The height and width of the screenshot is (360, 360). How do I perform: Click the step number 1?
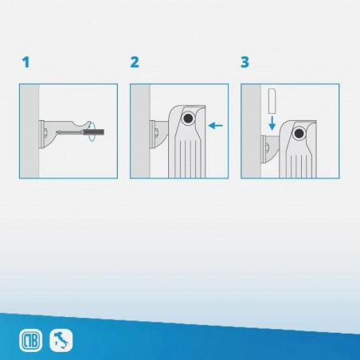26,62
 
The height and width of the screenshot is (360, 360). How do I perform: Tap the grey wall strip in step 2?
139,131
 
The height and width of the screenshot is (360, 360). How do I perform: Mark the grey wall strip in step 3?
251,131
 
